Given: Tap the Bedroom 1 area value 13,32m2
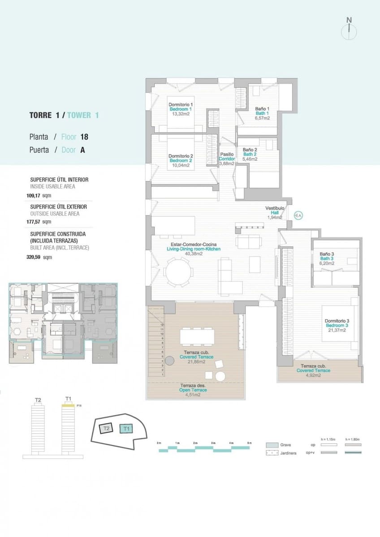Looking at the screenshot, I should click(181, 114).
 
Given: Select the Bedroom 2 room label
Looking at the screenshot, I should click(181, 161).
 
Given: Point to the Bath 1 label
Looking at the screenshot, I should click(262, 113).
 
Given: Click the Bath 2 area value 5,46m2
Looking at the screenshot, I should click(250, 159).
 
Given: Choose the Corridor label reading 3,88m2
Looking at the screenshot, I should click(226, 163).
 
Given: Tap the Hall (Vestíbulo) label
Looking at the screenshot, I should click(275, 213).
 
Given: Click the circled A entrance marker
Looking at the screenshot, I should click(298, 216).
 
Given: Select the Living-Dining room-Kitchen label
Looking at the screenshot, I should click(193, 249).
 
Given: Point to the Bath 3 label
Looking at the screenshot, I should click(326, 259).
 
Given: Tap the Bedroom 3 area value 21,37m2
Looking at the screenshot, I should click(337, 330).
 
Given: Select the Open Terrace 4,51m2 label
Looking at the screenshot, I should click(190, 390).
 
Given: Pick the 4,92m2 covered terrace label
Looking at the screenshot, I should click(314, 375).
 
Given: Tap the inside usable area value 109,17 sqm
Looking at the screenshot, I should click(39, 196).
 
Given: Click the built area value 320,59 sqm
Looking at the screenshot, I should click(39, 257).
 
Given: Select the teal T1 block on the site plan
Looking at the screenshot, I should click(127, 428).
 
